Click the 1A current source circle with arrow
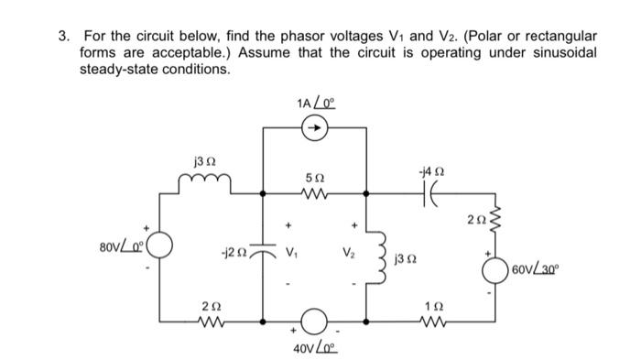click(x=314, y=131)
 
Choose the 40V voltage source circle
click(x=315, y=322)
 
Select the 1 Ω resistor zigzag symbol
click(x=449, y=323)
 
